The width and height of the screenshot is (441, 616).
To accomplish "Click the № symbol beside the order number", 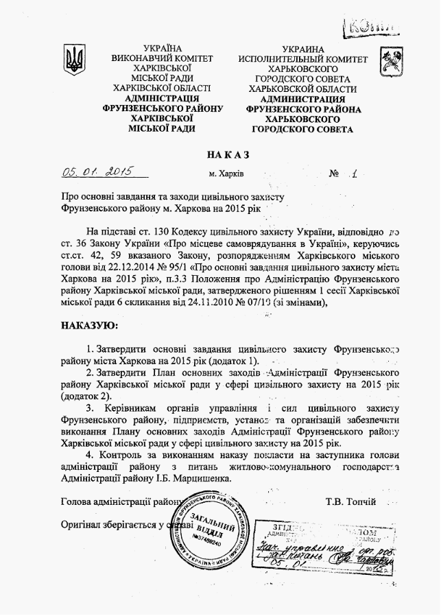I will tap(335, 174).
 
